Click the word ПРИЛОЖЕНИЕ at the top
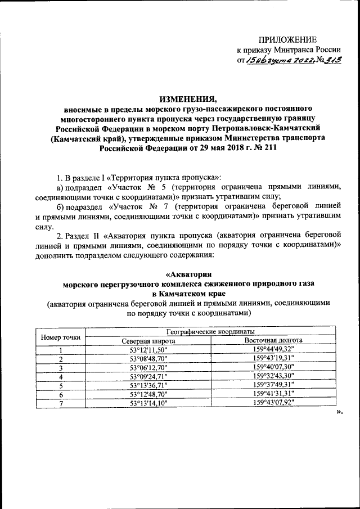pyautogui.click(x=287, y=39)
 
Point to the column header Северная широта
pyautogui.click(x=148, y=340)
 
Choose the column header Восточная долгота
pyautogui.click(x=273, y=340)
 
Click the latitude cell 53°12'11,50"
pyautogui.click(x=148, y=350)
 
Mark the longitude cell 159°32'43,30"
pyautogui.click(x=273, y=376)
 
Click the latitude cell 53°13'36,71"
pyautogui.click(x=148, y=385)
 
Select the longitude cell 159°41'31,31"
pyautogui.click(x=273, y=394)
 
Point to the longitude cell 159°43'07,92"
pyautogui.click(x=273, y=403)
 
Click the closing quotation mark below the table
pyautogui.click(x=339, y=412)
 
